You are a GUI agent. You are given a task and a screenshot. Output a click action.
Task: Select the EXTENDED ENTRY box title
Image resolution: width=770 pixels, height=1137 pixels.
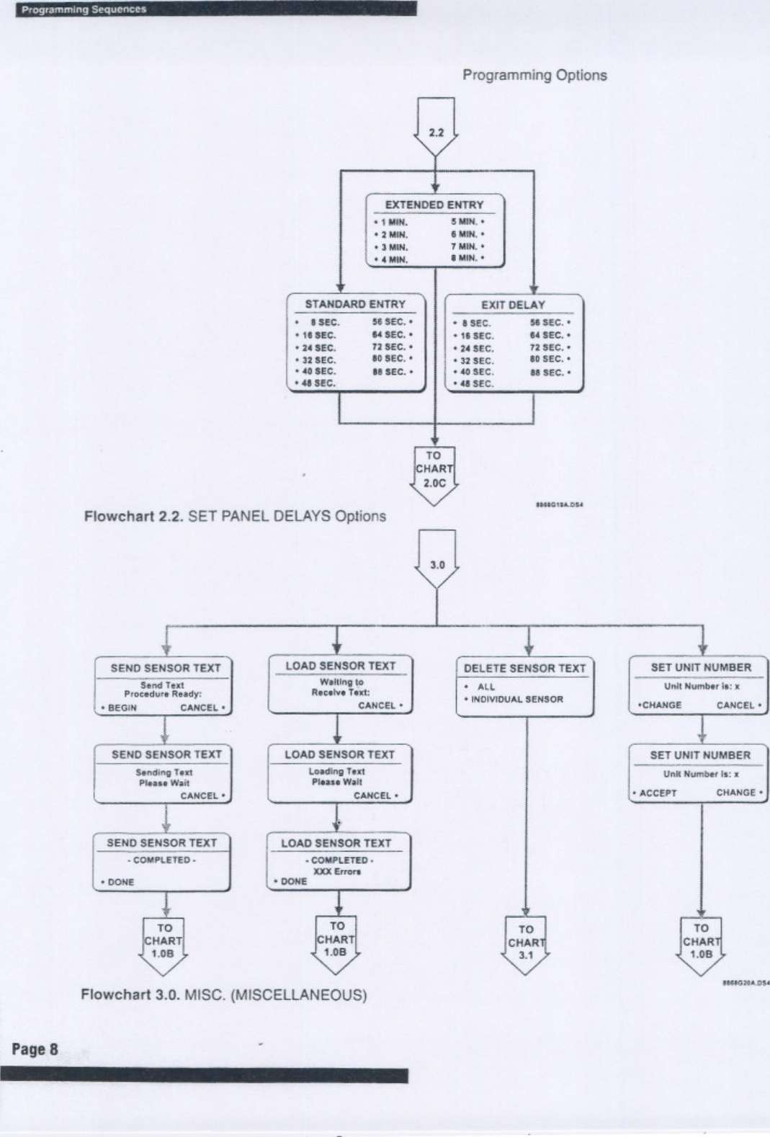[434, 205]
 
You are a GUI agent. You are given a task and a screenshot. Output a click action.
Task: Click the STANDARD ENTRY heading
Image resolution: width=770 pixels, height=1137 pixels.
[355, 304]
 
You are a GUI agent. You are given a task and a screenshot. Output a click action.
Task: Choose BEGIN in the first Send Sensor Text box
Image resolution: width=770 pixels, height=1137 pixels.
[122, 708]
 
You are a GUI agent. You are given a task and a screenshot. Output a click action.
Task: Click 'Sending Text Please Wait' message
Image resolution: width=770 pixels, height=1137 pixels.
[164, 777]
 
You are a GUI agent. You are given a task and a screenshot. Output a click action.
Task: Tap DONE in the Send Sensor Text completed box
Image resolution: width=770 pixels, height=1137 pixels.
[120, 882]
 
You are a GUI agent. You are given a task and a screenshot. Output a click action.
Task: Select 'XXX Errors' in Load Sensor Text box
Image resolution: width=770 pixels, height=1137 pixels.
[336, 871]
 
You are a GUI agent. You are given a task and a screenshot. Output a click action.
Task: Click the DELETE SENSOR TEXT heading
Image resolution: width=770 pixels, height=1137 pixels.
[524, 669]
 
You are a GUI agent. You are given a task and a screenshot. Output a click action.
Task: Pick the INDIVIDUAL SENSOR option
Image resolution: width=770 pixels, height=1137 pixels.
[516, 700]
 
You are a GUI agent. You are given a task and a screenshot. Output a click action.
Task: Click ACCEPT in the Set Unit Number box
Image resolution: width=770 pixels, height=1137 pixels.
[658, 793]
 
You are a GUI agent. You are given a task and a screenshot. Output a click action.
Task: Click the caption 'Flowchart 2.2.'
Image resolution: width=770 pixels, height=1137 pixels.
[134, 517]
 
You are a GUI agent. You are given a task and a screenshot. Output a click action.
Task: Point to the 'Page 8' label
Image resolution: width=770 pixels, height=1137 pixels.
[35, 1049]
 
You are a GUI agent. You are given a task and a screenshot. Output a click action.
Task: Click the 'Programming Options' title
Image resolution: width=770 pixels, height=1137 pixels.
[534, 76]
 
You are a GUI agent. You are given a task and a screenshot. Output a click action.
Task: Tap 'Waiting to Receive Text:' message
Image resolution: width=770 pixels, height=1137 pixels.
[341, 687]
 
